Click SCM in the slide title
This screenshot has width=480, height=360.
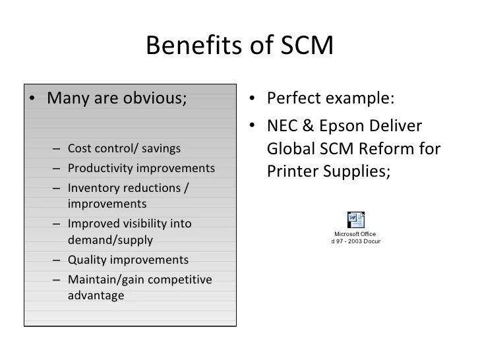303,45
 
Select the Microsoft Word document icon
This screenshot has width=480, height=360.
355,220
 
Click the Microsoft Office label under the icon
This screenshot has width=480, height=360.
355,233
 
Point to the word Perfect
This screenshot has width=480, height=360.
294,99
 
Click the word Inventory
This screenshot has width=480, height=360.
94,187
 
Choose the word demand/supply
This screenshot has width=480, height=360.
110,240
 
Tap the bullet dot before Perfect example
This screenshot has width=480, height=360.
253,100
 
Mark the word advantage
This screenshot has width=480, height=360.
96,295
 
